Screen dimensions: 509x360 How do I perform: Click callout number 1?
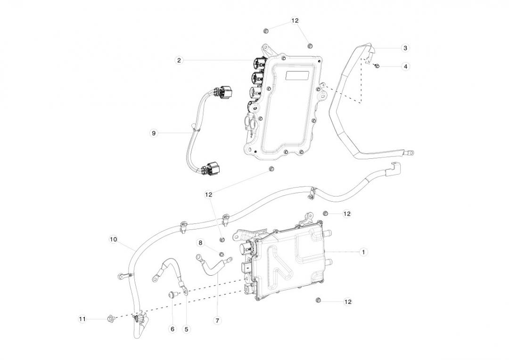pos(363,252)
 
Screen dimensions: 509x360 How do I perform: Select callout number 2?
pos(179,60)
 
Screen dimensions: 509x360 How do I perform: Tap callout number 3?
pos(405,48)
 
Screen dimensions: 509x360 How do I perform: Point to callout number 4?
pos(405,66)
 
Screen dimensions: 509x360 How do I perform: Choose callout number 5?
pos(186,329)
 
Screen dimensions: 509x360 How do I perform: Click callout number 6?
pos(172,329)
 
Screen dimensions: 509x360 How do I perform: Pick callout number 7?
pos(217,321)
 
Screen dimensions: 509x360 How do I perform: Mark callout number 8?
pos(201,243)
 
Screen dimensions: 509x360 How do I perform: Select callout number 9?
pos(154,133)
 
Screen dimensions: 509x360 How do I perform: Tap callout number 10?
pos(113,239)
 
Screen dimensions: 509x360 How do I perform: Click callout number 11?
pos(82,319)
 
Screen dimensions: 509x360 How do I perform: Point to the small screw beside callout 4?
pos(377,66)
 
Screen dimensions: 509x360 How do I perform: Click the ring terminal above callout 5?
pos(185,293)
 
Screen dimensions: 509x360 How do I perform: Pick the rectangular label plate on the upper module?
pos(297,76)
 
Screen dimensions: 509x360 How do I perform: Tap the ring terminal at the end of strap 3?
pos(410,152)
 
